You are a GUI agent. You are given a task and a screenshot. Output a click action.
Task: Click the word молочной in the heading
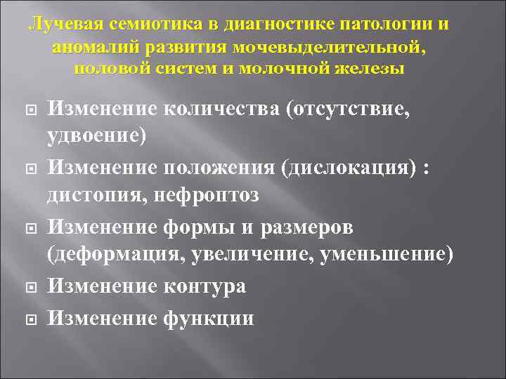point(280,69)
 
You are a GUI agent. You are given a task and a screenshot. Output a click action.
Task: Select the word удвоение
point(96,135)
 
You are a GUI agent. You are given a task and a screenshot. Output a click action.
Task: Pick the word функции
point(208,318)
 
